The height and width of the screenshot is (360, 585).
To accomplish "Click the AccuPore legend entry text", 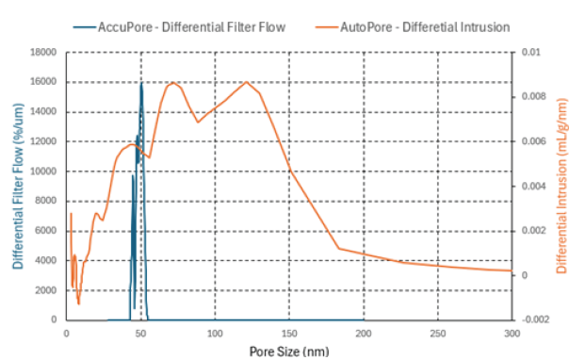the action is click(192, 27).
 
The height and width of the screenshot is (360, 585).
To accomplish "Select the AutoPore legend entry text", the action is click(425, 27).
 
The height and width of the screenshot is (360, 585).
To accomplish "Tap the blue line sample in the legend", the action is click(85, 27).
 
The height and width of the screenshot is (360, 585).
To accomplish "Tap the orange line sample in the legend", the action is click(327, 27).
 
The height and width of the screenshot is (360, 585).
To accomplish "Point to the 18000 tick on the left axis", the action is click(43, 52).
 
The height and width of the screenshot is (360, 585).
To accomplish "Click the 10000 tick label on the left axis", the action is click(43, 172).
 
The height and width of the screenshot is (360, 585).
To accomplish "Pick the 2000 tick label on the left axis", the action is click(46, 290).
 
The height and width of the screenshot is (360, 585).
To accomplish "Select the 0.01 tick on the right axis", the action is click(531, 52).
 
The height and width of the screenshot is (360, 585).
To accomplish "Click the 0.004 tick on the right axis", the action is click(533, 187).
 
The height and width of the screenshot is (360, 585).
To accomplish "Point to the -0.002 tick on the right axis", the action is click(536, 319).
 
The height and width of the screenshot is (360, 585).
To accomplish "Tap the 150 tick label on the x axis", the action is click(289, 333).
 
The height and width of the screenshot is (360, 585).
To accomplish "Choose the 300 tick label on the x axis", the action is click(512, 333).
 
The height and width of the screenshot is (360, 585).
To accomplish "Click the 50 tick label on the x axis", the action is click(140, 333).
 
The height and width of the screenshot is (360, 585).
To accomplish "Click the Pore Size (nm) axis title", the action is click(289, 352).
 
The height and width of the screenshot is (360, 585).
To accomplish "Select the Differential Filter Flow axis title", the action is click(18, 187).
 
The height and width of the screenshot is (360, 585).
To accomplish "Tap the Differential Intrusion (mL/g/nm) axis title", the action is click(561, 187).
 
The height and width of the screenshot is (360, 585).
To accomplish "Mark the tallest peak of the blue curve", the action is click(141, 83).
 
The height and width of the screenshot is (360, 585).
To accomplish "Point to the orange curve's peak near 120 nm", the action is click(247, 82).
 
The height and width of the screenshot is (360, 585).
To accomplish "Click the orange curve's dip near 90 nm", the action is click(198, 122).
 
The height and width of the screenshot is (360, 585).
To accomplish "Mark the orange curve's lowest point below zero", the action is click(79, 304).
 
